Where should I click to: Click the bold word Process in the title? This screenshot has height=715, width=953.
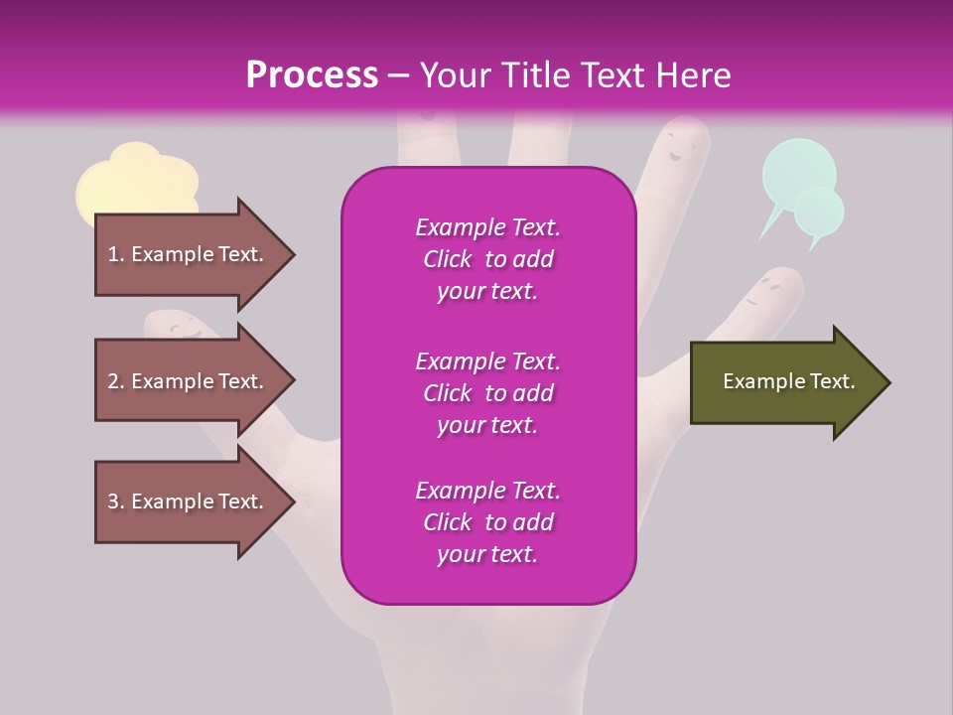[312, 75]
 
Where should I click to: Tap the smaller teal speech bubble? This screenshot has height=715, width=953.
[821, 212]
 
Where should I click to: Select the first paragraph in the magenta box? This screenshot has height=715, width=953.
[487, 259]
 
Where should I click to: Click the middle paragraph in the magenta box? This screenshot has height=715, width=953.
[487, 392]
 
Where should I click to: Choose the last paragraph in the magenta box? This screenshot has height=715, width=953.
[487, 522]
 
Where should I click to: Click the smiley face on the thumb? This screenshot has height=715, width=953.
[180, 326]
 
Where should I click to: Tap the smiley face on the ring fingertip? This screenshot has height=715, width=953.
[677, 149]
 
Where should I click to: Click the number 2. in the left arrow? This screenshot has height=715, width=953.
[116, 381]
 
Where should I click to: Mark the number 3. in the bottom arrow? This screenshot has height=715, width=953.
[116, 501]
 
